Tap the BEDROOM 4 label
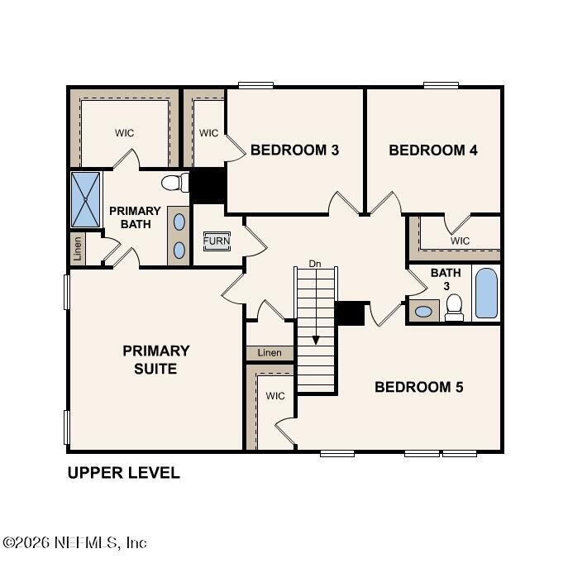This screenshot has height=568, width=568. pos(432,150)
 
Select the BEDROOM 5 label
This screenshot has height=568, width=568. pos(418,387)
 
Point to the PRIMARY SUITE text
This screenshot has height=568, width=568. pos(155,360)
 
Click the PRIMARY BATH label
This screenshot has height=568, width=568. pos(135,217)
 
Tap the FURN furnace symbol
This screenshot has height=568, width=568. pos(217,241)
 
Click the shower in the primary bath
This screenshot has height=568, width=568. pos(85,199)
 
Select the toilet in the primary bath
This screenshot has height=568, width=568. pos(174,182)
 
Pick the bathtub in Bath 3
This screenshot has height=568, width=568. pos(487,293)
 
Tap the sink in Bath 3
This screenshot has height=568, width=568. pos(423,312)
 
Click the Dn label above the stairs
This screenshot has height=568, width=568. pos(314,264)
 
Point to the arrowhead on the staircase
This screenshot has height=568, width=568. pos(315,340)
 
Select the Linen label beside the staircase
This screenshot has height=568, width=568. pos(270,353)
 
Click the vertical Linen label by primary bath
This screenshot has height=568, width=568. pos(78,249)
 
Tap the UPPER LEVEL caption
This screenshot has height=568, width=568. pos(123,473)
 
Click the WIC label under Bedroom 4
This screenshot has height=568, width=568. pos(460,241)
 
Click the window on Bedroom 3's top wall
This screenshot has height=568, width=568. pos(255,84)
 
